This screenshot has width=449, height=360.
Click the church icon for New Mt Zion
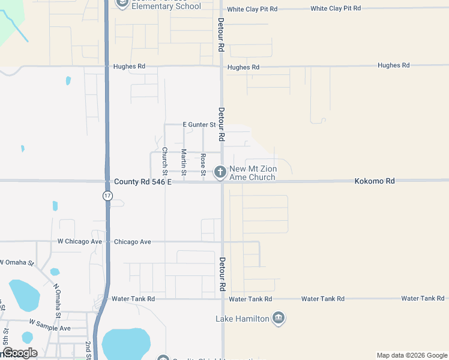220,172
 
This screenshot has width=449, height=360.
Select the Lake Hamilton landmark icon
278,318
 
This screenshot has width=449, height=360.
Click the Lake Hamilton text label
243,319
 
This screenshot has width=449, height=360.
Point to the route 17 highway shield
107,196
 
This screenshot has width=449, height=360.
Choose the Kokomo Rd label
375,181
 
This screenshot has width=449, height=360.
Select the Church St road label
164,158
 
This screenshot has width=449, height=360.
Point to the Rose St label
203,164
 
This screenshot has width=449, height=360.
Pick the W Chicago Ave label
80,241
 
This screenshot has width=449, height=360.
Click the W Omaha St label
17,262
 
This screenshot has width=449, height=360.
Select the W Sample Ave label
50,328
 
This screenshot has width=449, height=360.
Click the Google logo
19,353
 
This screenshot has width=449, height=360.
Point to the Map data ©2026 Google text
412,355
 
